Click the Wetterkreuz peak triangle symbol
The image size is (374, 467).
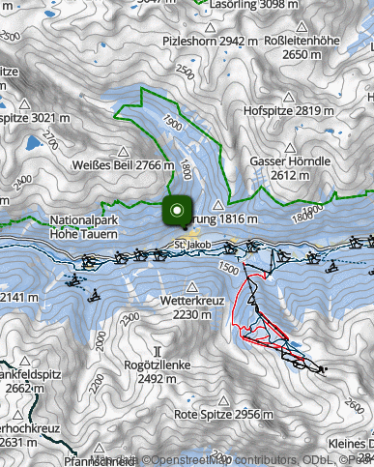click(191, 287)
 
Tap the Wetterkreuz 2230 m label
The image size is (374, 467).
click(191, 307)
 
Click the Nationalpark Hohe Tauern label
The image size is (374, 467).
click(84, 227)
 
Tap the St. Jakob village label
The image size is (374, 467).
click(192, 247)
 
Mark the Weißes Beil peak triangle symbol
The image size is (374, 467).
click(123, 150)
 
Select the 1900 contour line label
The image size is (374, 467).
click(172, 124)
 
